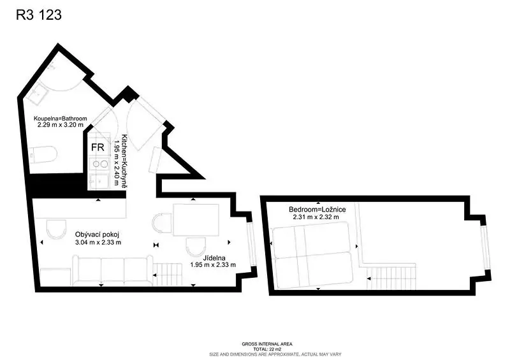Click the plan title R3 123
39,15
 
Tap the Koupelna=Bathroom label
61,119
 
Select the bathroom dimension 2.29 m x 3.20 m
61,125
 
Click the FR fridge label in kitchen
98,147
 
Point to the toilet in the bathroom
43,155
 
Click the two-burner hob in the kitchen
100,164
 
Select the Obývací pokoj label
98,234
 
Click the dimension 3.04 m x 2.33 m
98,242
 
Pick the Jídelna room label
214,258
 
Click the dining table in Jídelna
196,220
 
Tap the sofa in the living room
113,271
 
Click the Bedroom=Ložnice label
317,210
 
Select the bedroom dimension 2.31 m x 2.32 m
316,217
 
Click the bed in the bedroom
312,256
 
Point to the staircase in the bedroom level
391,278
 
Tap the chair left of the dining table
162,223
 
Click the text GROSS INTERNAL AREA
267,344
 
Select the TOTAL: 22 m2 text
267,349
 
